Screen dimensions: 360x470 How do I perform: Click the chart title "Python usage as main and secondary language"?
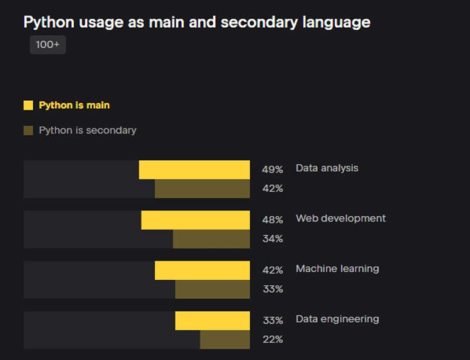(x=197, y=22)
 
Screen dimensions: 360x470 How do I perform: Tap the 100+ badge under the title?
(x=48, y=45)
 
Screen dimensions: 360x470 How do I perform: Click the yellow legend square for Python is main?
(x=28, y=105)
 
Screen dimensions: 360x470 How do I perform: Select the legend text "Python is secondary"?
(x=87, y=130)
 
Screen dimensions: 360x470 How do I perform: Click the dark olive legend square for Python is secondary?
(x=28, y=130)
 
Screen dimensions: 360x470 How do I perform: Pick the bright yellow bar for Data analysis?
(x=194, y=169)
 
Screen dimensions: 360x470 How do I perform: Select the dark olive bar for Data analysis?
(x=202, y=189)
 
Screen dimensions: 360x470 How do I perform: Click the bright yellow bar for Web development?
(x=195, y=220)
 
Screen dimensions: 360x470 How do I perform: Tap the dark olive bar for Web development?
(x=211, y=239)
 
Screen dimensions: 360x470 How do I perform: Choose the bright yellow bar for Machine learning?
(x=202, y=270)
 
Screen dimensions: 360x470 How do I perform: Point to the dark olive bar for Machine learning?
(x=212, y=289)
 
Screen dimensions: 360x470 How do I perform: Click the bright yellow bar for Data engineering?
(x=212, y=320)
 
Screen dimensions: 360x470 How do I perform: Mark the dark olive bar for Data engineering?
(x=224, y=339)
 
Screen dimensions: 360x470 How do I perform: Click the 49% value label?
(x=272, y=169)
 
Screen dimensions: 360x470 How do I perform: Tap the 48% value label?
(x=272, y=220)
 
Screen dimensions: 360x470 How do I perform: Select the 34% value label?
(x=272, y=239)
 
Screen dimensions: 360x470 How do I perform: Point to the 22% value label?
(x=272, y=339)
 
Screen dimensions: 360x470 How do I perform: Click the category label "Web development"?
(x=340, y=218)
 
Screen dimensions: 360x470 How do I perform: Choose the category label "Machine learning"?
(x=337, y=268)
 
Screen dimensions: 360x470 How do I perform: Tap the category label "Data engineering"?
(x=337, y=319)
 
